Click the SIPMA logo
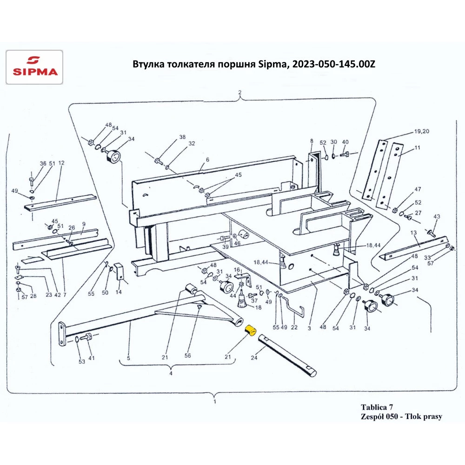click(33, 67)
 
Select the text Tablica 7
click(378, 407)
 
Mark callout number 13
click(413, 232)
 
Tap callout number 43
click(436, 217)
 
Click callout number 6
click(207, 159)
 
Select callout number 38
click(182, 137)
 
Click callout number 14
click(118, 292)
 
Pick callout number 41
click(92, 358)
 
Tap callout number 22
click(294, 327)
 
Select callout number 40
click(345, 141)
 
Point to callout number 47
click(418, 189)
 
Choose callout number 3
click(308, 328)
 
